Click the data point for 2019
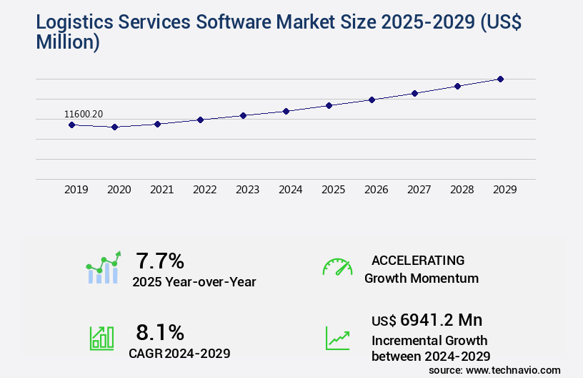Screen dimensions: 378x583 71,125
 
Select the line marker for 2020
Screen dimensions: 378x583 114,127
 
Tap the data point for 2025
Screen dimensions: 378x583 329,105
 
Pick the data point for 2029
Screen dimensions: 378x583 500,79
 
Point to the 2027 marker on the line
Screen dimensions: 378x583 414,93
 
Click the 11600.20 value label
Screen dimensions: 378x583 84,114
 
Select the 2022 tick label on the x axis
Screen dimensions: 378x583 204,190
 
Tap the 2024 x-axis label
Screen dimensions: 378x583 290,190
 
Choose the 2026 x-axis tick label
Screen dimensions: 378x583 376,190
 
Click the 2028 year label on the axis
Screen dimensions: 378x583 462,190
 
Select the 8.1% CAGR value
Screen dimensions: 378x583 160,332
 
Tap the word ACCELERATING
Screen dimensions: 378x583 418,260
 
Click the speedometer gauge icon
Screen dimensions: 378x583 337,267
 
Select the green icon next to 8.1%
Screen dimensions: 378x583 101,338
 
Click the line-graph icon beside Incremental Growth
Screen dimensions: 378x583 337,338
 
